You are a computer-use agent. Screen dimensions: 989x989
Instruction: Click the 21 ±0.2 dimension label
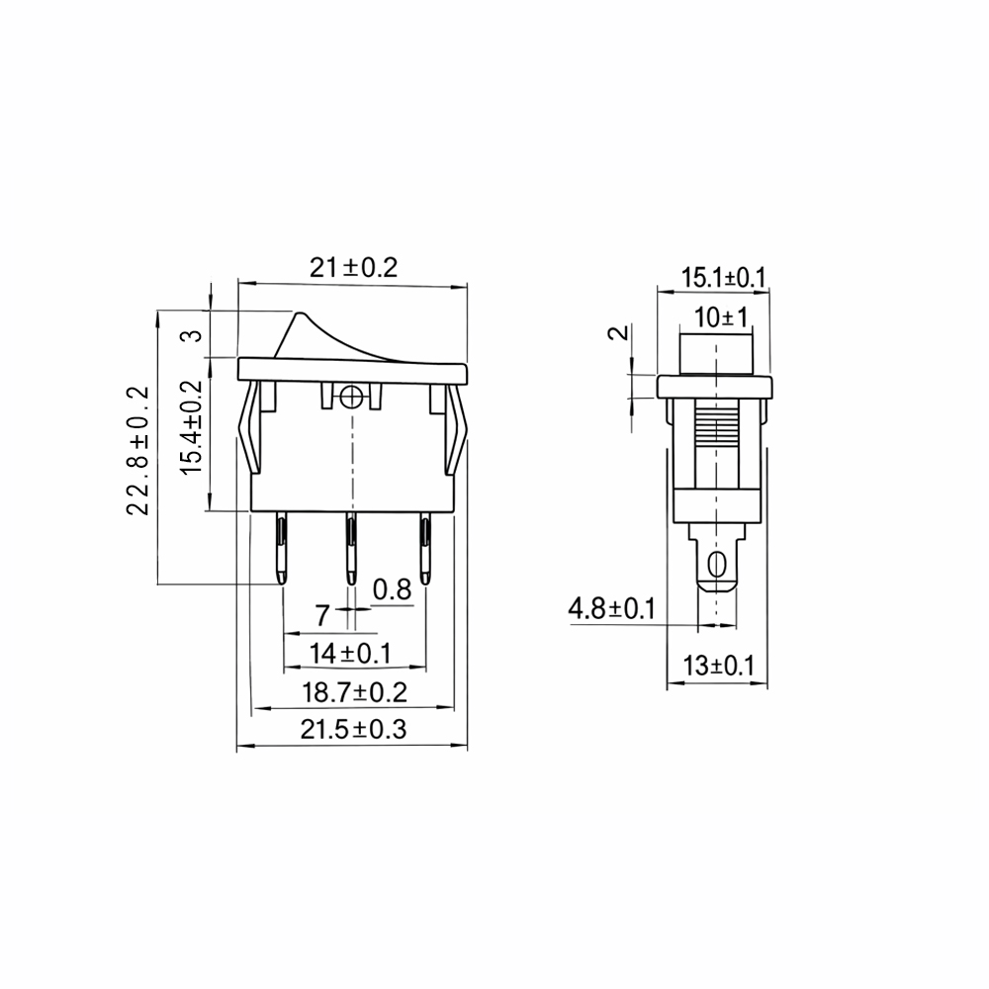point(353,268)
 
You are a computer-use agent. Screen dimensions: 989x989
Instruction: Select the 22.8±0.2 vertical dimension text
point(138,451)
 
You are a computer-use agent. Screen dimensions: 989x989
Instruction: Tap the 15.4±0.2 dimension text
point(191,427)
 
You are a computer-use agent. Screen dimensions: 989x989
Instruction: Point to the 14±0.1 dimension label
point(350,654)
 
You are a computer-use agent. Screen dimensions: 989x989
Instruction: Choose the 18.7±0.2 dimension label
point(354,692)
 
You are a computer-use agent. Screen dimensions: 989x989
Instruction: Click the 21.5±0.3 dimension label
point(353,729)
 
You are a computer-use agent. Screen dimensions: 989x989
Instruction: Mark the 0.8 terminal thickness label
point(392,589)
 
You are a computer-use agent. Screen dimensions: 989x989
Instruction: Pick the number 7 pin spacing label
point(322,615)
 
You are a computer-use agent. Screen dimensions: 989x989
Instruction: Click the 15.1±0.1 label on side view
point(723,278)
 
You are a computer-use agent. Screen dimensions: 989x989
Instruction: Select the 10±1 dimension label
point(721,317)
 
